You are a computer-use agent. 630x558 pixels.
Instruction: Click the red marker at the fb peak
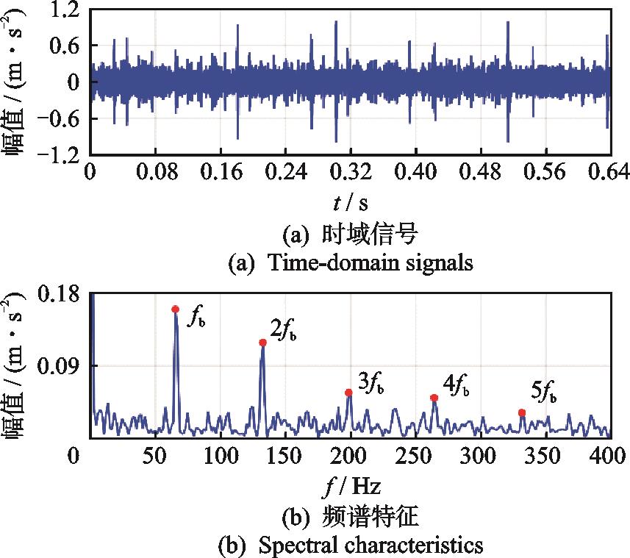(x=175, y=310)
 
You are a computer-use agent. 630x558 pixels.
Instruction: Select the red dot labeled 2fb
(x=262, y=343)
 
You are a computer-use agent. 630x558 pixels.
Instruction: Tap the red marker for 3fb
(x=348, y=393)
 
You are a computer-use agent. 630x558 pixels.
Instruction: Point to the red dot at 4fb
(x=434, y=398)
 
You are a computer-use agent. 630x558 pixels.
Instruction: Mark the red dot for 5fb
(x=522, y=413)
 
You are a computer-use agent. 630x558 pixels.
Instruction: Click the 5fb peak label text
(x=543, y=390)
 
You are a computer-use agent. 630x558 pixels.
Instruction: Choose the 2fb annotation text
(x=283, y=331)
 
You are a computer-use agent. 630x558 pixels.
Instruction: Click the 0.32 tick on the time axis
(x=350, y=173)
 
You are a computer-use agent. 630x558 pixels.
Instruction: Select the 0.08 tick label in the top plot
(x=154, y=173)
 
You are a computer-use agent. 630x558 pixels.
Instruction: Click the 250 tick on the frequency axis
(x=415, y=457)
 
